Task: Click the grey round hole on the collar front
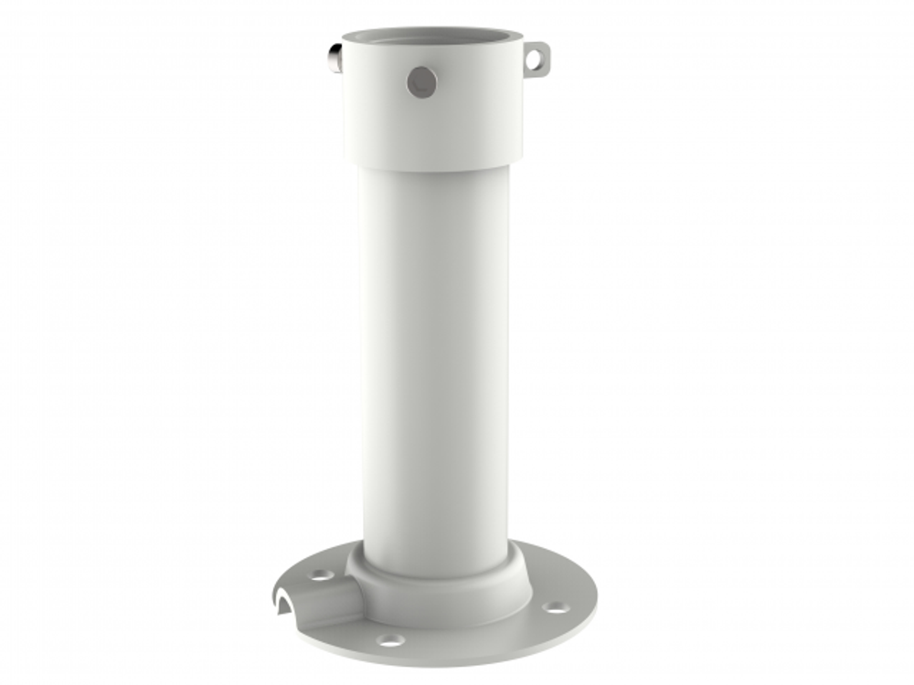click(421, 83)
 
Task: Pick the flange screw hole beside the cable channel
click(322, 575)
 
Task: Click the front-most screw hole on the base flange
click(391, 641)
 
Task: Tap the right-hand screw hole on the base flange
click(553, 607)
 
